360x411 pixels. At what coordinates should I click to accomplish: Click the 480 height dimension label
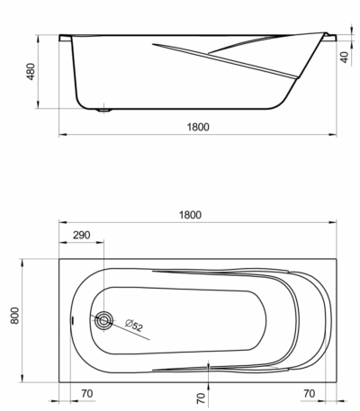tap(31, 71)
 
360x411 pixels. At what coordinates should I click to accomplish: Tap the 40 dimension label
tap(345, 57)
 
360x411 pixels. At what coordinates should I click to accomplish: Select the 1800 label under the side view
tap(198, 127)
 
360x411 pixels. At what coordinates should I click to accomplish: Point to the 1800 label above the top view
tap(190, 215)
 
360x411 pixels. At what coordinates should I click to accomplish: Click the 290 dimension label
tap(81, 235)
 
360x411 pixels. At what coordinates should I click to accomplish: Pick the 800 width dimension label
tap(14, 316)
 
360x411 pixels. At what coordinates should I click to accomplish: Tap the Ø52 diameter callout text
tap(134, 326)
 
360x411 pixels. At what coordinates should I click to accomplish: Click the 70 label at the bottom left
tap(87, 393)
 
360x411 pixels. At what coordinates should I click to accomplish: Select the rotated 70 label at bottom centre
tap(202, 398)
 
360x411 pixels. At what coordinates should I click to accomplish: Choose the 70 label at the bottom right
tap(310, 393)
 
